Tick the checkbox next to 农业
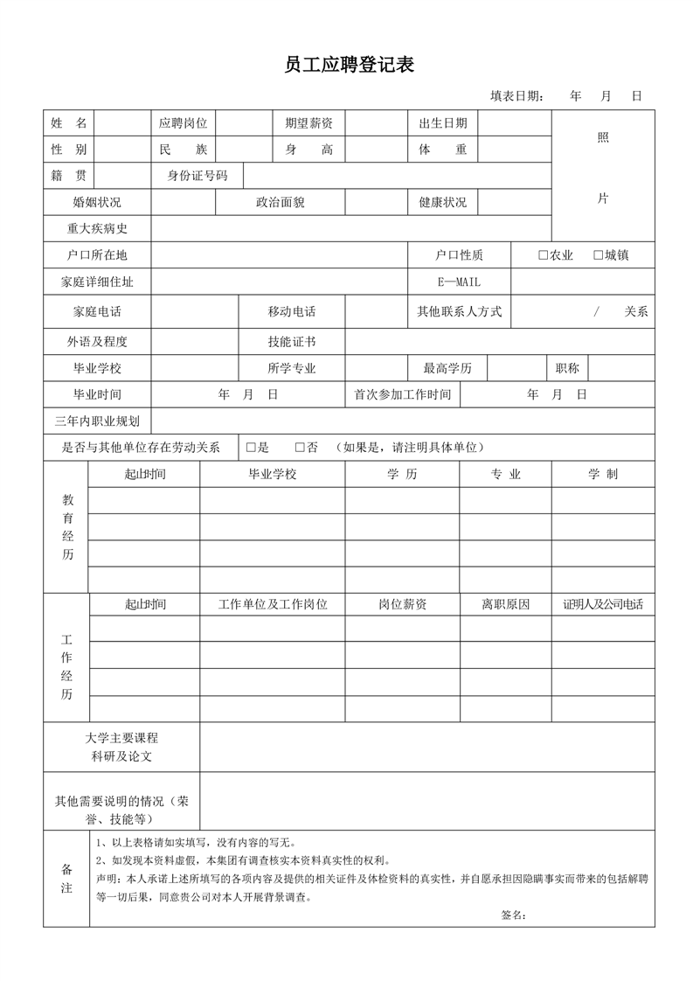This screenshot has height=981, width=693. pos(543,255)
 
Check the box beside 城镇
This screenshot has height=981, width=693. pos(598,255)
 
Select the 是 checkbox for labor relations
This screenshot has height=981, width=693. pos(251,447)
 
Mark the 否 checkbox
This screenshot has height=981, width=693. pos(300,447)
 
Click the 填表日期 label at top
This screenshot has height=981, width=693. pos(516,96)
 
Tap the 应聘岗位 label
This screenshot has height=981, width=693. pos(183,123)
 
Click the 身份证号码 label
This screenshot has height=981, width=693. pos(198,176)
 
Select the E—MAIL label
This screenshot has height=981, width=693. pos(459,282)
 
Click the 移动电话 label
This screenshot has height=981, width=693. pos(291,311)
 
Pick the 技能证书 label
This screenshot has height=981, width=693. pos(291,341)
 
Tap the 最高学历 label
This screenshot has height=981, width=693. pos(447,368)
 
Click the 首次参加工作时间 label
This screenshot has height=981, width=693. pos(402,394)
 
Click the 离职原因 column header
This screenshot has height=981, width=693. pos(505,604)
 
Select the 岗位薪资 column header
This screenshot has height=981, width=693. pos(402,604)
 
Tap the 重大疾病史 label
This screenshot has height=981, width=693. pos(97,228)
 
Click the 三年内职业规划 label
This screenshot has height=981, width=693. pos(97,421)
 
